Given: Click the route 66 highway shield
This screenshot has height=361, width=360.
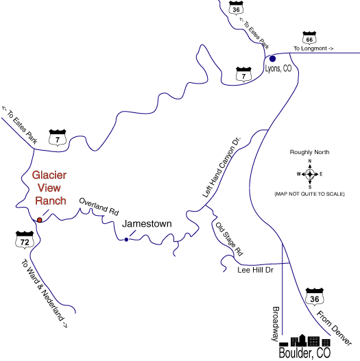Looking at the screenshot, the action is tap(309, 38).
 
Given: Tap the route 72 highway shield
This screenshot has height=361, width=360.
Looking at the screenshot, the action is tap(25, 240).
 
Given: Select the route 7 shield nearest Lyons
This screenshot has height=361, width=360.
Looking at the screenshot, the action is tap(243, 75).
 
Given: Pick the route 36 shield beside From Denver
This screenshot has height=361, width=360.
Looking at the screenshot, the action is tap(315, 297).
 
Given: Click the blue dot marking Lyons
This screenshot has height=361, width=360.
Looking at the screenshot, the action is tap(272, 59).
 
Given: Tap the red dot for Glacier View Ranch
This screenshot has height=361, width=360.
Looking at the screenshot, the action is tap(40, 220).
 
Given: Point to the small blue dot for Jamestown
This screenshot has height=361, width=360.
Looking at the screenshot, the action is tap(126, 240).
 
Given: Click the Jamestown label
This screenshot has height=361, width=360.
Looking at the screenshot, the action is tap(147, 224).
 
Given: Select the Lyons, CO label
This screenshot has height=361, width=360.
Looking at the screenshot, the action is tap(278, 69).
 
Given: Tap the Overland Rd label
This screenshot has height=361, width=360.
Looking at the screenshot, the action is tap(99, 207).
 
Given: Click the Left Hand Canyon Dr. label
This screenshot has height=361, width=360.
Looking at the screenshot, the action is tap(221, 167).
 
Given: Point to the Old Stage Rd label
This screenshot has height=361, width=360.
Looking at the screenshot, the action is tap(229, 239).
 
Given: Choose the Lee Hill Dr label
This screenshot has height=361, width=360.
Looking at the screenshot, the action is tap(255, 270).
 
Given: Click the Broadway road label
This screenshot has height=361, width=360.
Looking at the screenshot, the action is tap(276, 324).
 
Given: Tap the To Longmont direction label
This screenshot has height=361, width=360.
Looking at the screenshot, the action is tap(313, 49).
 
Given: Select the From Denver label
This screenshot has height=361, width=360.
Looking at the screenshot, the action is tap(334, 328).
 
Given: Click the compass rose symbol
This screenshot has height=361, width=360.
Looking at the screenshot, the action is tap(310, 174).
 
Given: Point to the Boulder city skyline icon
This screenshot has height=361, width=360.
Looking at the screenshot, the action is tap(304, 340).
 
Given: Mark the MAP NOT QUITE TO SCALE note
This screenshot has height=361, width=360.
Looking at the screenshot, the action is tap(309, 194).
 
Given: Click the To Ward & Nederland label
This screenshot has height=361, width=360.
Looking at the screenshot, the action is tap(45, 293).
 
